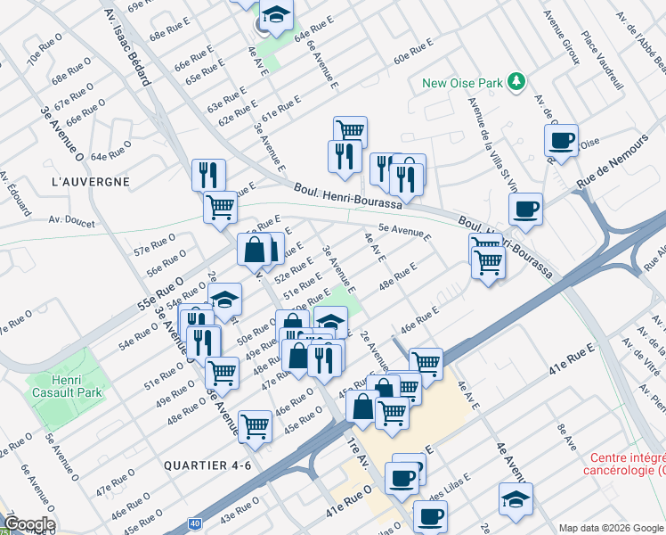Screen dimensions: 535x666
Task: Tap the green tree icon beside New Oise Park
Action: (x=514, y=83)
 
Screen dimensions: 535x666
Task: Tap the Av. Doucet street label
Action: (x=71, y=220)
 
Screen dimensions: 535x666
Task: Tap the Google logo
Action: (x=28, y=524)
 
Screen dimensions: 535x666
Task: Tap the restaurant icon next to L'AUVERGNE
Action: (x=208, y=175)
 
